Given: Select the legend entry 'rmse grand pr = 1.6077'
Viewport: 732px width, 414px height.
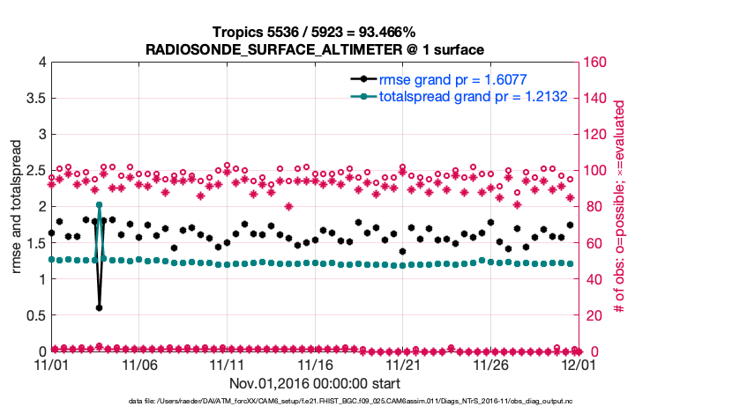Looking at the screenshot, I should tap(452, 80).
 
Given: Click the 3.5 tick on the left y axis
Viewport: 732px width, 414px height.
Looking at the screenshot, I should tap(33, 99).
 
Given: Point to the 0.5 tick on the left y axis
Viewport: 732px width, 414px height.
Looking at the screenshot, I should tap(33, 315).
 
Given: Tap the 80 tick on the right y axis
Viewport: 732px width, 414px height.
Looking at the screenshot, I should tap(592, 207).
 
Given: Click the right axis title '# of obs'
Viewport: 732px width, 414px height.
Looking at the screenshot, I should tap(620, 207).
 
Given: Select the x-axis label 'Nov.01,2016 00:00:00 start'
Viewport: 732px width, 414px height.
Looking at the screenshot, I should tap(315, 384).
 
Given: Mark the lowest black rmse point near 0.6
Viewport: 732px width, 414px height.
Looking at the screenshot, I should tap(99, 308).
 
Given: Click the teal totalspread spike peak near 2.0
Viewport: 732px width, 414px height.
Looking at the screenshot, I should tap(100, 205).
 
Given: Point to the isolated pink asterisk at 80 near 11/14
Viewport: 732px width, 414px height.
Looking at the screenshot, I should tap(288, 207).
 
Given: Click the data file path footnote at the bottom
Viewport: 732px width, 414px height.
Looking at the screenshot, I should tap(366, 403).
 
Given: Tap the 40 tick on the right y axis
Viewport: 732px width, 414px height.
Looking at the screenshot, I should tap(592, 279).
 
